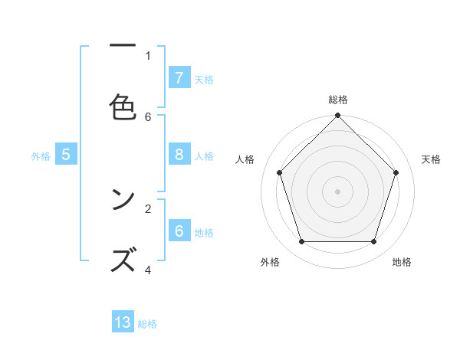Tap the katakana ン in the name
[x=123, y=201]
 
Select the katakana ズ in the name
[x=123, y=260]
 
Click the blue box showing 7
[x=179, y=78]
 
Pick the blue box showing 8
[x=179, y=155]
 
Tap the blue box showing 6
[x=179, y=231]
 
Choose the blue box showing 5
[x=66, y=155]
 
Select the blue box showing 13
[x=123, y=322]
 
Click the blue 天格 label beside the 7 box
[x=204, y=79]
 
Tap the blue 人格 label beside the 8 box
[x=204, y=156]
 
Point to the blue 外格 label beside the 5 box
[x=41, y=156]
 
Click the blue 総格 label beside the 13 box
[x=147, y=324]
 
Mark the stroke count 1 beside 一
[x=148, y=55]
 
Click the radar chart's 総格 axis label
[x=337, y=100]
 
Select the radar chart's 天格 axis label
[x=431, y=159]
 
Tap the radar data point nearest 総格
[x=337, y=116]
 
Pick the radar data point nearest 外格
[x=301, y=242]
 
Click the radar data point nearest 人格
[x=279, y=172]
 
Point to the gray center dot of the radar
[x=337, y=191]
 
